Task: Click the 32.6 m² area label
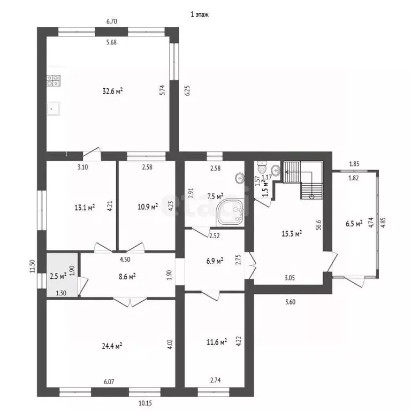click(113, 91)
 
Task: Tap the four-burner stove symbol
click(54, 80)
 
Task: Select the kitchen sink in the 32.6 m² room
click(53, 109)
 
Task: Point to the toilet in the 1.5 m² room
click(262, 167)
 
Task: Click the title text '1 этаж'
click(200, 14)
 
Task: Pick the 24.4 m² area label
click(112, 346)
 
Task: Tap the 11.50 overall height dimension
click(32, 267)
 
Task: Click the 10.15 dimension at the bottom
click(145, 403)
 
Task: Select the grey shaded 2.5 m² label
click(58, 276)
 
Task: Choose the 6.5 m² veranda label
click(354, 224)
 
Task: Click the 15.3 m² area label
click(292, 233)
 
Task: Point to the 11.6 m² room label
click(217, 342)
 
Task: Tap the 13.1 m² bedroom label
click(85, 208)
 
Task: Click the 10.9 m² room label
click(148, 207)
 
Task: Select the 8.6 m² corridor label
click(127, 276)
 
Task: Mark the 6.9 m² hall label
click(215, 261)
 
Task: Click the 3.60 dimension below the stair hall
click(290, 302)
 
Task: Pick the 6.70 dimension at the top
click(112, 21)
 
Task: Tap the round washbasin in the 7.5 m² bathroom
click(240, 179)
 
